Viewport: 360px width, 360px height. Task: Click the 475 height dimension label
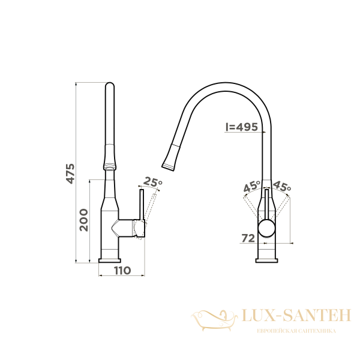[x=70, y=173]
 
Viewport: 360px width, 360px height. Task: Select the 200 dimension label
[x=84, y=220]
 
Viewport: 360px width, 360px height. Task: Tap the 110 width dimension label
[x=122, y=271]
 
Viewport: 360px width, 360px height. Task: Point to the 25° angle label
[x=152, y=182]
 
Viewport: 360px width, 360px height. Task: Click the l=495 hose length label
[x=242, y=127]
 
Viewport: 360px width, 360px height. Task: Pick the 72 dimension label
[x=248, y=238]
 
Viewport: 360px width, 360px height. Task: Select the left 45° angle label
[x=252, y=186]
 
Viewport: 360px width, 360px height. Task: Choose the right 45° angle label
[x=282, y=186]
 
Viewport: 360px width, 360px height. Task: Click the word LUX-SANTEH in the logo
[x=296, y=316]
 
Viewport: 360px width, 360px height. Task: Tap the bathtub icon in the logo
[x=215, y=320]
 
